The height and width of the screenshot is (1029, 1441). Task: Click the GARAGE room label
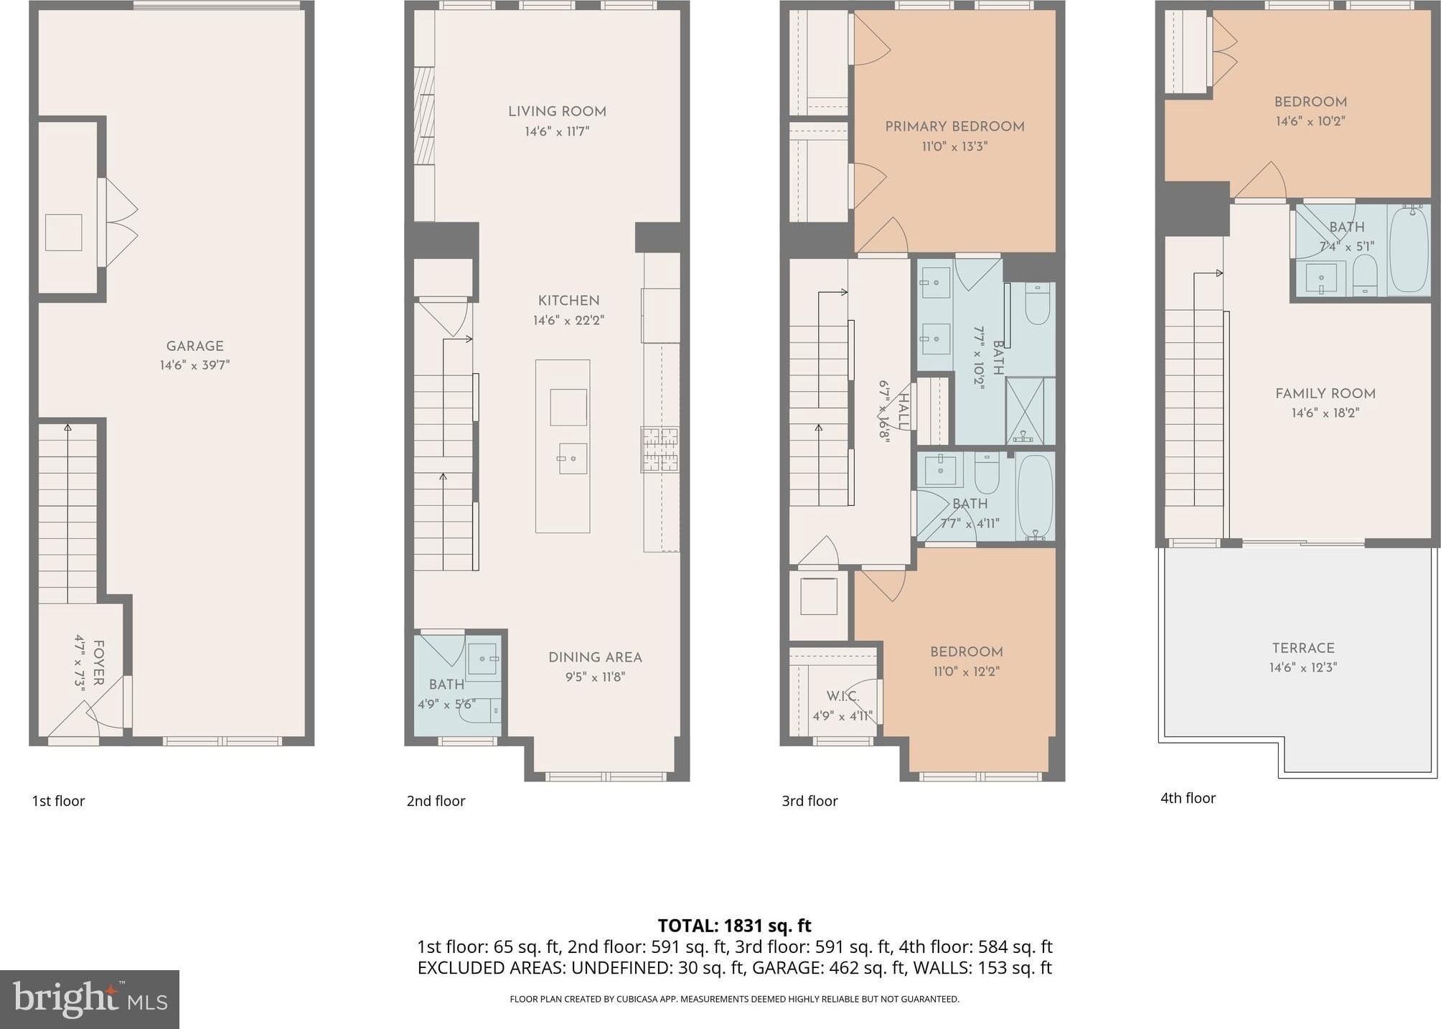click(x=195, y=346)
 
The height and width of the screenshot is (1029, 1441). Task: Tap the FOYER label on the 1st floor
click(x=99, y=662)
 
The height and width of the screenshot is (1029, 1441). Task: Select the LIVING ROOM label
click(x=557, y=111)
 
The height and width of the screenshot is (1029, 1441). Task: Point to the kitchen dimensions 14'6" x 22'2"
click(x=568, y=320)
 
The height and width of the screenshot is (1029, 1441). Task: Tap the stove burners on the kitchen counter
click(x=660, y=449)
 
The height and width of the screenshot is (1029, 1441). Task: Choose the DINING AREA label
click(x=595, y=657)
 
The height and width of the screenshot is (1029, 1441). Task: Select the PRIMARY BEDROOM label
click(x=954, y=126)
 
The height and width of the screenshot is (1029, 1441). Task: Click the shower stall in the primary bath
click(x=1030, y=411)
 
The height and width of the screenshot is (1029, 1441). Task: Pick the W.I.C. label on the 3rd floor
click(x=842, y=696)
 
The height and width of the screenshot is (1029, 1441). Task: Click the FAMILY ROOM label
click(x=1325, y=393)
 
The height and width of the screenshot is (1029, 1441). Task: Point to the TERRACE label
click(x=1303, y=648)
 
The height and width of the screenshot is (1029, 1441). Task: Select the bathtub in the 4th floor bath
click(x=1409, y=249)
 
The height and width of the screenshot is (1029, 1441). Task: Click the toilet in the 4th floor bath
click(x=1365, y=276)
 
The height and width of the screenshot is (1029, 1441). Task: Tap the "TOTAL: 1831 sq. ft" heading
click(x=734, y=926)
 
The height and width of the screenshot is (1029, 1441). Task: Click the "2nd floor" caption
click(x=436, y=801)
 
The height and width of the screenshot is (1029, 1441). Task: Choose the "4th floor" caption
click(x=1188, y=798)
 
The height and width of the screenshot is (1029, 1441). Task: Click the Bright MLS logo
click(x=90, y=1000)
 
